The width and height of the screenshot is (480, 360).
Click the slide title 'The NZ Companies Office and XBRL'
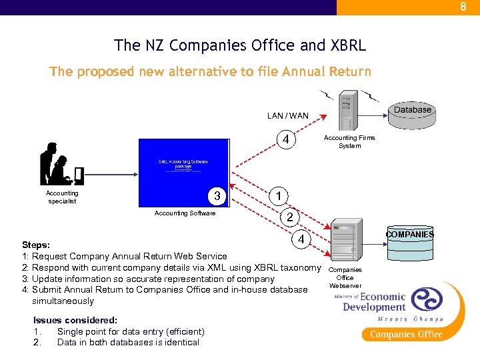(x=240, y=45)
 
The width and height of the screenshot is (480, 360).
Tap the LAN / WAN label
(x=287, y=115)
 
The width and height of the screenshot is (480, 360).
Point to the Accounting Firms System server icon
(x=345, y=114)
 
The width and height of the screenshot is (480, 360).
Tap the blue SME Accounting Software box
(x=183, y=173)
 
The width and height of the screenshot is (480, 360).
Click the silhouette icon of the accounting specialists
(x=61, y=164)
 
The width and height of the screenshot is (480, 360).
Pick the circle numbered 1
(x=279, y=195)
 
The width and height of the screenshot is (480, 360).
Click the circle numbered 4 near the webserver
(x=301, y=239)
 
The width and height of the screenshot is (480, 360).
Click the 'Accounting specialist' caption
(x=62, y=197)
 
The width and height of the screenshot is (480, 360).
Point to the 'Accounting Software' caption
(x=185, y=213)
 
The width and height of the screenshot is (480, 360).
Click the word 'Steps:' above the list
(x=36, y=245)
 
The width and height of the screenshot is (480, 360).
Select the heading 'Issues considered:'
(x=75, y=320)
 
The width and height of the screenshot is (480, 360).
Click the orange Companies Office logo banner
(x=406, y=333)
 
